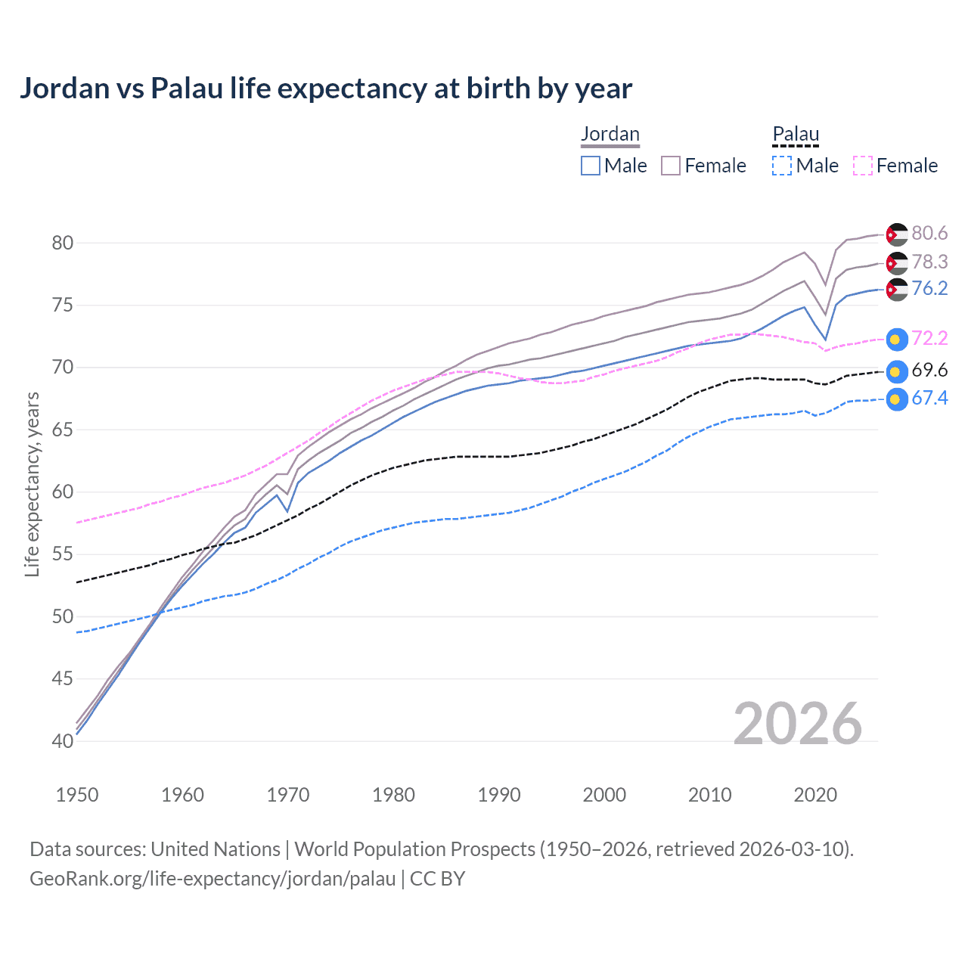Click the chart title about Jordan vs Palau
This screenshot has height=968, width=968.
point(325,88)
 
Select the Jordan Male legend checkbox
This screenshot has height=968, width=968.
point(591,166)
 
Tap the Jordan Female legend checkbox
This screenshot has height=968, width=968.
point(671,166)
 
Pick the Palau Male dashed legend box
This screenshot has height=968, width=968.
point(782,166)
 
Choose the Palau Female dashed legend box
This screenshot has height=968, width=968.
point(863,166)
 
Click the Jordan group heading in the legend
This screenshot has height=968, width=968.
point(610,134)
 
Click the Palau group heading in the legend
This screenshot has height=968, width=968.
point(796,134)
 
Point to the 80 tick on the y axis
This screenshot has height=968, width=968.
point(63,243)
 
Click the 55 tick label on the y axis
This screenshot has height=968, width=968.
point(63,554)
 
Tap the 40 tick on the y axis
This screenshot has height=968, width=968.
point(63,741)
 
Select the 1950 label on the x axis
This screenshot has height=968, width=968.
point(77,795)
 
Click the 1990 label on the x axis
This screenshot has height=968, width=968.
point(499,795)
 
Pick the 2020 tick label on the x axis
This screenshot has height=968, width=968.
point(815,795)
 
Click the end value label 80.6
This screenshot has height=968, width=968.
point(929,234)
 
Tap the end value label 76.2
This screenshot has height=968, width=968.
point(929,289)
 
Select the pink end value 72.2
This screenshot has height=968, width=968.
point(929,338)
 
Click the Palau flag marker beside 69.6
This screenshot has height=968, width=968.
point(896,371)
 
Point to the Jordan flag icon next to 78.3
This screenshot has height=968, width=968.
point(896,263)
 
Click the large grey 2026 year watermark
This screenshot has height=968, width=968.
point(797,724)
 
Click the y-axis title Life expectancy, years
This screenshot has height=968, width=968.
point(32,484)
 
